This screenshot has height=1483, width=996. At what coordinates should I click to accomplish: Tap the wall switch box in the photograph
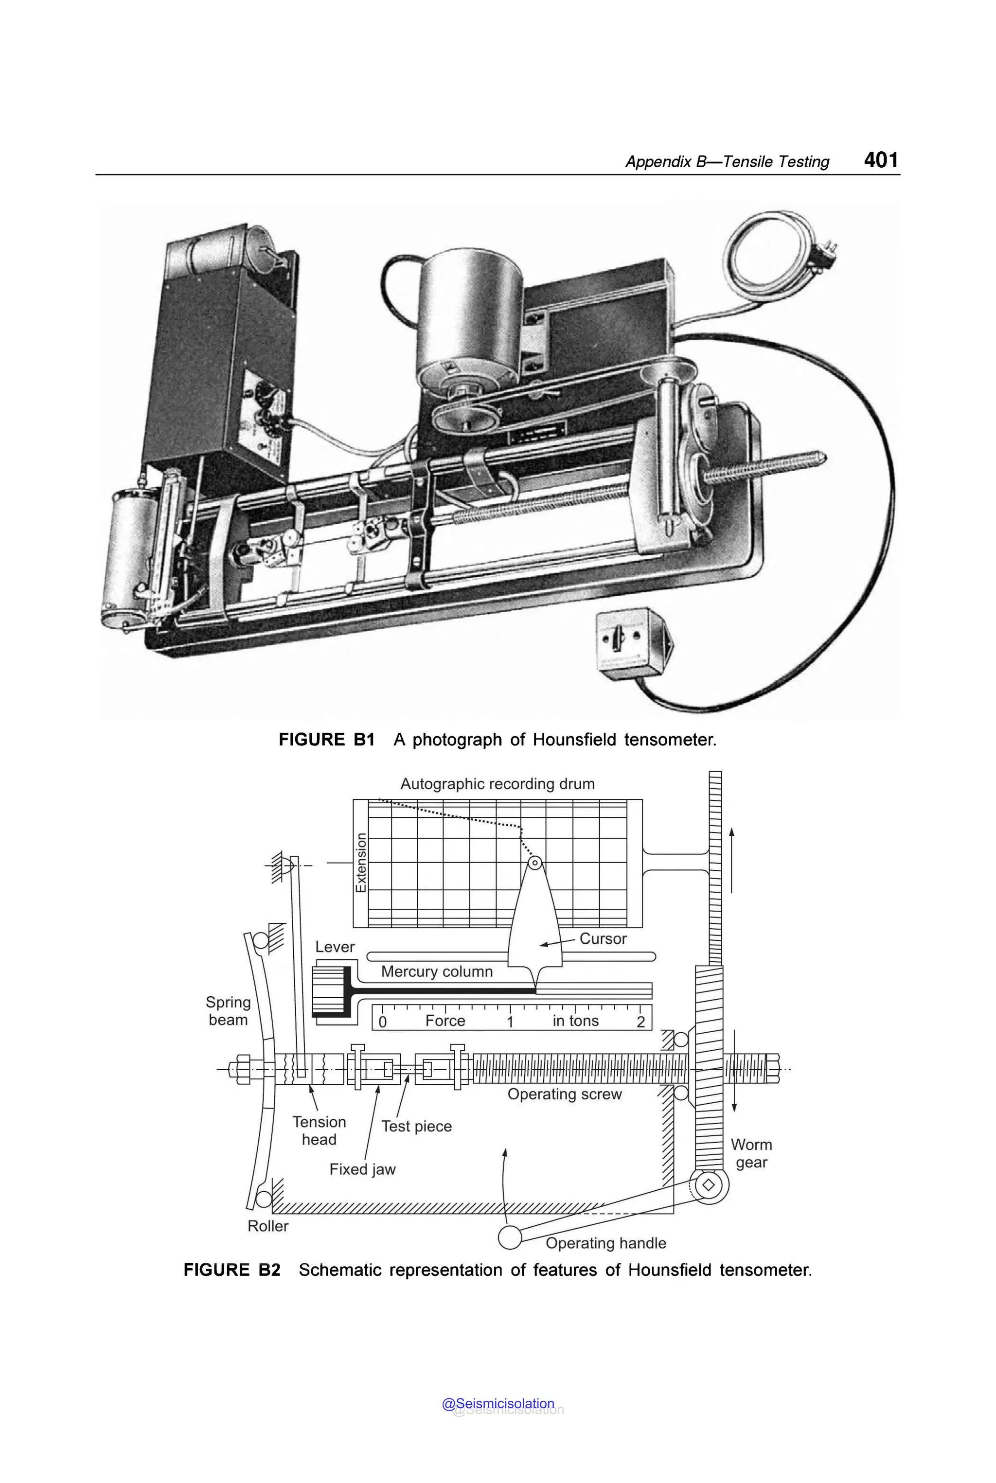point(631,643)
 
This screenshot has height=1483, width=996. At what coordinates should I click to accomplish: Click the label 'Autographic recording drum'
point(498,784)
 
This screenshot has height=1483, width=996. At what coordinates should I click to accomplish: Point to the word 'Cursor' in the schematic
point(603,939)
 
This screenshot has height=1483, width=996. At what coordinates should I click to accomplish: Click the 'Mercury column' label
point(437,972)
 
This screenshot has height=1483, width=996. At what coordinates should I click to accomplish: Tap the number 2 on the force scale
point(640,1021)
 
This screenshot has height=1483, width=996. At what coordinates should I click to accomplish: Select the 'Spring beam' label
point(228,1010)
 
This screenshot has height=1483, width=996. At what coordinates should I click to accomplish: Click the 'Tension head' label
point(319,1130)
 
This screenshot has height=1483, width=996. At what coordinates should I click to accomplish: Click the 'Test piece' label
point(417,1126)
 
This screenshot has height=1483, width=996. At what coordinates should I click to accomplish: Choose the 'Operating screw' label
point(564,1095)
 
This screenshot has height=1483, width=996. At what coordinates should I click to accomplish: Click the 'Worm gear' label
point(751,1153)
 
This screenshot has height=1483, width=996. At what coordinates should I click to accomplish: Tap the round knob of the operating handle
point(510,1237)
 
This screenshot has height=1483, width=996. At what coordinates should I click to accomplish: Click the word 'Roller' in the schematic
point(268,1226)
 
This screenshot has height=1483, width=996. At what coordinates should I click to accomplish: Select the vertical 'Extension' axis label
point(361,863)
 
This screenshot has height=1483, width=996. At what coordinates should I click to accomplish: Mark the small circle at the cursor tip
point(535,863)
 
